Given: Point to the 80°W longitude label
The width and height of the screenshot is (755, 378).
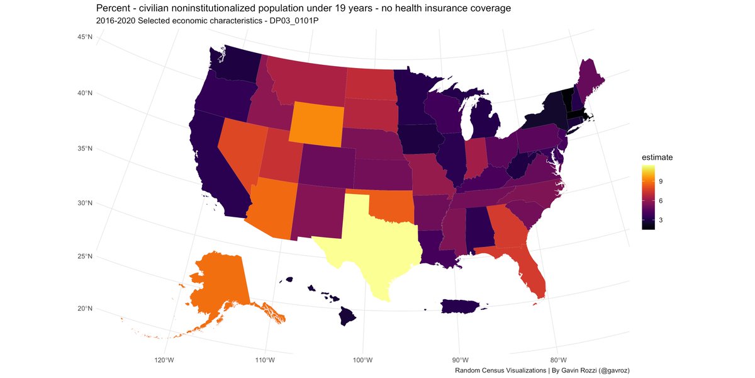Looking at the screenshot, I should coord(557,360).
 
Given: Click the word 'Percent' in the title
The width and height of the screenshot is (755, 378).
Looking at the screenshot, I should coord(113,8).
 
